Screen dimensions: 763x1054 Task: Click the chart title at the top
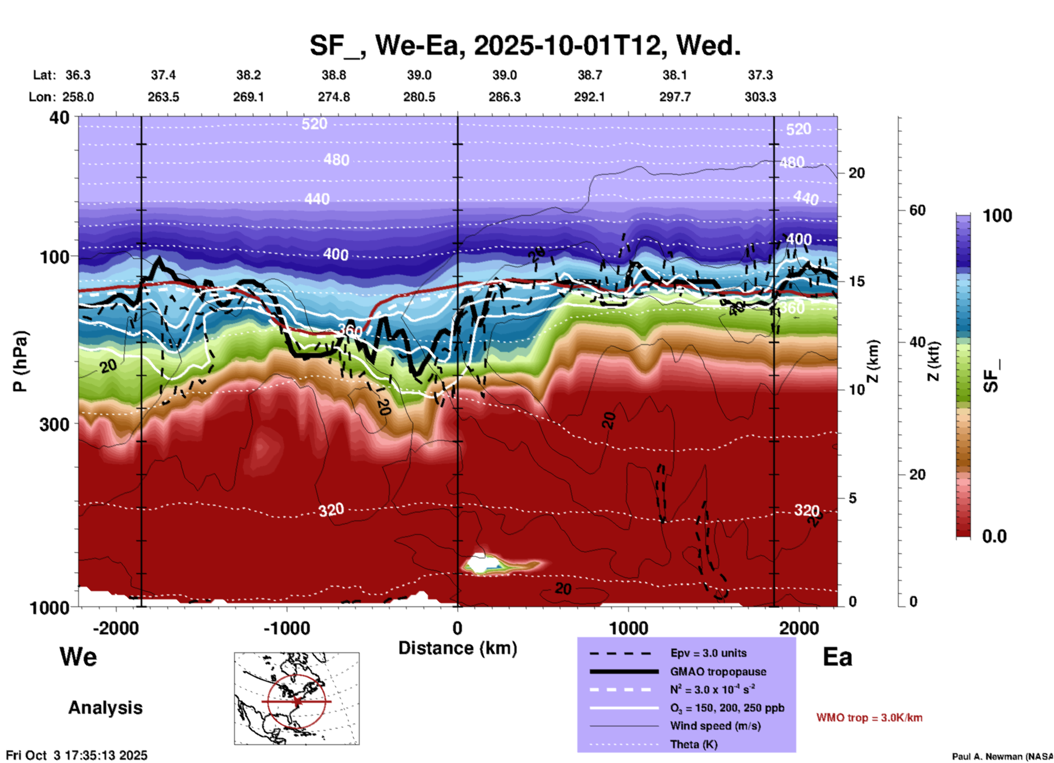(525, 45)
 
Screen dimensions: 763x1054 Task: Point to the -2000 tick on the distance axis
(116, 628)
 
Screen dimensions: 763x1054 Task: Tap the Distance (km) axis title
(457, 648)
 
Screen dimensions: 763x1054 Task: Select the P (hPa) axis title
(20, 361)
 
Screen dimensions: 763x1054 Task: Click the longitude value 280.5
(419, 97)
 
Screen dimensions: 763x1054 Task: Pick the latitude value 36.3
(78, 75)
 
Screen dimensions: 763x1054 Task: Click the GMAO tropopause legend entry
(718, 672)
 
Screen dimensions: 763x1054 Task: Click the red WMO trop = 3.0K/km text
(869, 718)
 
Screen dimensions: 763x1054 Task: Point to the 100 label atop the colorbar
(997, 216)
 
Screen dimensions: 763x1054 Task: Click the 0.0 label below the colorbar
(994, 536)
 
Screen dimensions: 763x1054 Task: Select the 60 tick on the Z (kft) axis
(918, 211)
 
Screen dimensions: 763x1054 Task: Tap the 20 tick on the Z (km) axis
(856, 174)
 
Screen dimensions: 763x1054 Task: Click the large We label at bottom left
(78, 657)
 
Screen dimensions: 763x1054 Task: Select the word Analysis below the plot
(105, 708)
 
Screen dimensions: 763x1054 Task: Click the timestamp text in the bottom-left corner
(77, 755)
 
